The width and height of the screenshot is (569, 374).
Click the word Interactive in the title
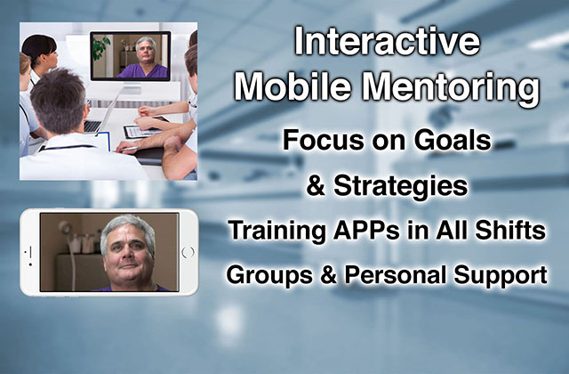click(388, 41)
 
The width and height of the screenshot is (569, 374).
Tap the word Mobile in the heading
click(293, 86)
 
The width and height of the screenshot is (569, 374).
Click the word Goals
click(453, 140)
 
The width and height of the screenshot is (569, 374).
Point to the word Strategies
click(401, 186)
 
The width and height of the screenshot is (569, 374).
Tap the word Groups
click(269, 275)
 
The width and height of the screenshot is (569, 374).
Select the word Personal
click(395, 274)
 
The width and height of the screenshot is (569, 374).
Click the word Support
click(501, 275)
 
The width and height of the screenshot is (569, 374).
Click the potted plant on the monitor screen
click(100, 46)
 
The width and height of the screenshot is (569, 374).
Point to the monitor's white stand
click(132, 90)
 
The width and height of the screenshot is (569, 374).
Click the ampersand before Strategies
click(316, 185)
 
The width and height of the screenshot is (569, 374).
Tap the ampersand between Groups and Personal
click(328, 275)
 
